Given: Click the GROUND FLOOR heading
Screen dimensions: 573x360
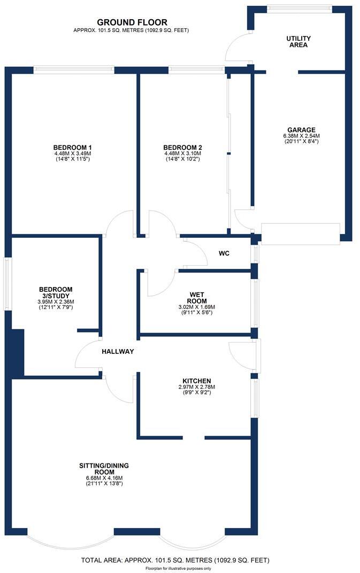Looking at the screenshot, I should pyautogui.click(x=132, y=22).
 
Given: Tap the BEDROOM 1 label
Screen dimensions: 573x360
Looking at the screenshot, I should pyautogui.click(x=73, y=148).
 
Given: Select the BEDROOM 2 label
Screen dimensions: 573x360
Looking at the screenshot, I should pyautogui.click(x=182, y=148).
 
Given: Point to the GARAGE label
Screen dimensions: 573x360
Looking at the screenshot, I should pyautogui.click(x=301, y=130).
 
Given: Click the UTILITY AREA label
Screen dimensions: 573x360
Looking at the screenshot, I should pyautogui.click(x=298, y=42).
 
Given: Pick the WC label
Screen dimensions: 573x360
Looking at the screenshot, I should pyautogui.click(x=224, y=253).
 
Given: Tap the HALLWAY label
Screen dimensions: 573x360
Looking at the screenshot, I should pyautogui.click(x=118, y=352).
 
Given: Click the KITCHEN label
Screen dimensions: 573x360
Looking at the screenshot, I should pyautogui.click(x=195, y=381).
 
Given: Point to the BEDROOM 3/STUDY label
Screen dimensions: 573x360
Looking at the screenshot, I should pyautogui.click(x=52, y=293).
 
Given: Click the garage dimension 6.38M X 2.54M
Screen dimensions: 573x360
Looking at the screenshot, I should pyautogui.click(x=301, y=136).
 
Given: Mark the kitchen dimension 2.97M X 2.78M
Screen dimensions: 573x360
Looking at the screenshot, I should pyautogui.click(x=195, y=387).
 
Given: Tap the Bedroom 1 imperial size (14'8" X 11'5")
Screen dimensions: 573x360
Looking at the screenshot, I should pyautogui.click(x=73, y=159).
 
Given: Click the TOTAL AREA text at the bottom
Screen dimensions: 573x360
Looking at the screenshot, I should pyautogui.click(x=174, y=560).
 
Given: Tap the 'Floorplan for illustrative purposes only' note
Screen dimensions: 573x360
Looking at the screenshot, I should pyautogui.click(x=174, y=568).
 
